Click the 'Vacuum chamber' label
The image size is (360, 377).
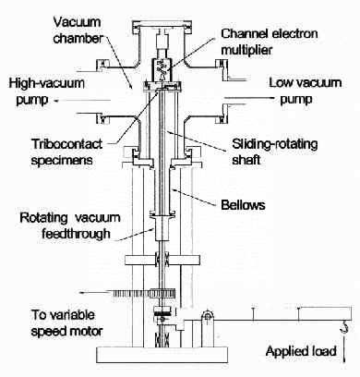(x=78, y=30)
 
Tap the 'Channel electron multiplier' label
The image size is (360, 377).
(x=270, y=42)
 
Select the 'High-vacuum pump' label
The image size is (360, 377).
(x=46, y=91)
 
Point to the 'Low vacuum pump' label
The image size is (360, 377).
(x=305, y=91)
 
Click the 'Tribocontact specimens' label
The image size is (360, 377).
(x=66, y=152)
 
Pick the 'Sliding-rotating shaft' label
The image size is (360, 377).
(x=275, y=152)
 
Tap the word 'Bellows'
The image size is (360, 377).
(x=243, y=205)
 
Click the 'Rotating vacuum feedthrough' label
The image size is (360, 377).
(x=70, y=225)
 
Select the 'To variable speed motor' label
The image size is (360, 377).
(x=66, y=322)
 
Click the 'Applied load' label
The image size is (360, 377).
(x=301, y=351)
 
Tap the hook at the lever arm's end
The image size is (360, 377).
(x=344, y=326)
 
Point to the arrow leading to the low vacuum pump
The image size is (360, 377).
(x=249, y=98)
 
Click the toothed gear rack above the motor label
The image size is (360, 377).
(x=144, y=293)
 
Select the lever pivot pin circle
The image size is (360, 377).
(x=207, y=315)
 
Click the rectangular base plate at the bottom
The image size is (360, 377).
(x=162, y=355)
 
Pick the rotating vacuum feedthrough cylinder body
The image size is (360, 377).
(x=162, y=228)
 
